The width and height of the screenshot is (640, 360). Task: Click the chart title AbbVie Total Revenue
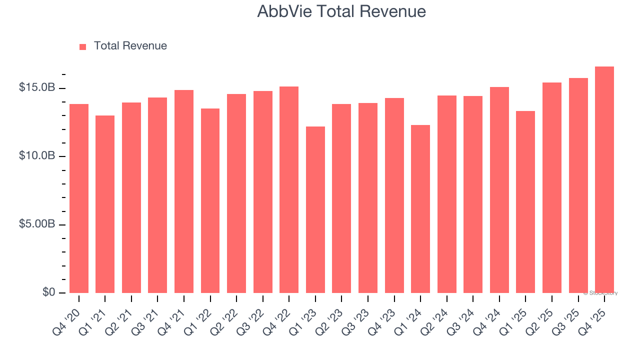tap(341, 11)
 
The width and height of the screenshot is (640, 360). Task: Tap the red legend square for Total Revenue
tap(83, 46)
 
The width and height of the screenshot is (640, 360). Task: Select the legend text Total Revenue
tap(130, 46)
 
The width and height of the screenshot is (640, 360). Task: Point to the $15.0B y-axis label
tap(37, 88)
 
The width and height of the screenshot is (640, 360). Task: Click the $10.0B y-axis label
tap(37, 156)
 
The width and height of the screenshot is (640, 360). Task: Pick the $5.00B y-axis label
tap(37, 224)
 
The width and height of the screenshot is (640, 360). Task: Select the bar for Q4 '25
tap(604, 180)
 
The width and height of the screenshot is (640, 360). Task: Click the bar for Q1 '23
tap(315, 210)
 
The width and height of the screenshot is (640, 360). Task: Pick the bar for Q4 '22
tap(289, 190)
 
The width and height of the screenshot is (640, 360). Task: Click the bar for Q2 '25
tap(551, 187)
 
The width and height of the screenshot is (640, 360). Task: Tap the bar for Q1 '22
tap(210, 200)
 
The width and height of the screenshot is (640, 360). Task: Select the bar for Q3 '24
tap(473, 194)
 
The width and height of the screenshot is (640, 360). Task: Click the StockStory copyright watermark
tap(600, 293)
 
